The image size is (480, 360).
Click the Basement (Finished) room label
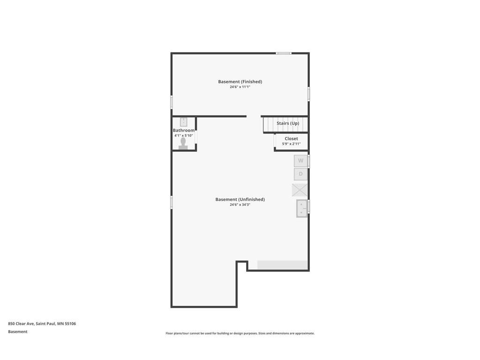pyautogui.click(x=240, y=82)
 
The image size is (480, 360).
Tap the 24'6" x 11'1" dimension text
pyautogui.click(x=240, y=87)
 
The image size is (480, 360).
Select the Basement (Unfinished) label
pyautogui.click(x=240, y=199)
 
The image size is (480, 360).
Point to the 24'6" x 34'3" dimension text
pyautogui.click(x=240, y=205)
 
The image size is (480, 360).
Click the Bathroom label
pyautogui.click(x=184, y=130)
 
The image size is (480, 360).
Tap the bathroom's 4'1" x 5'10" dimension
pyautogui.click(x=184, y=135)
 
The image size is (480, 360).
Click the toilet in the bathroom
pyautogui.click(x=183, y=142)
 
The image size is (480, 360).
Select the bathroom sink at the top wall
pyautogui.click(x=183, y=122)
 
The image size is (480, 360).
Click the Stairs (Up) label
pyautogui.click(x=287, y=123)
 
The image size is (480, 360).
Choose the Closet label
pyautogui.click(x=291, y=139)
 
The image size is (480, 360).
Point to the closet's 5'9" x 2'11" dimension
pyautogui.click(x=291, y=144)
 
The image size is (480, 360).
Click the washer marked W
pyautogui.click(x=300, y=161)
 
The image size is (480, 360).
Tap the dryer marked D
pyautogui.click(x=300, y=174)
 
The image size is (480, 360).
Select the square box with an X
pyautogui.click(x=300, y=190)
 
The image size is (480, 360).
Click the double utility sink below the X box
pyautogui.click(x=301, y=209)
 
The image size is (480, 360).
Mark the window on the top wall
pyautogui.click(x=284, y=53)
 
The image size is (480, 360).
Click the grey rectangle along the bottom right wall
pyautogui.click(x=282, y=265)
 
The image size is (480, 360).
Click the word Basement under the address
pyautogui.click(x=18, y=332)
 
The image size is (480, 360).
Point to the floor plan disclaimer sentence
pyautogui.click(x=240, y=333)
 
